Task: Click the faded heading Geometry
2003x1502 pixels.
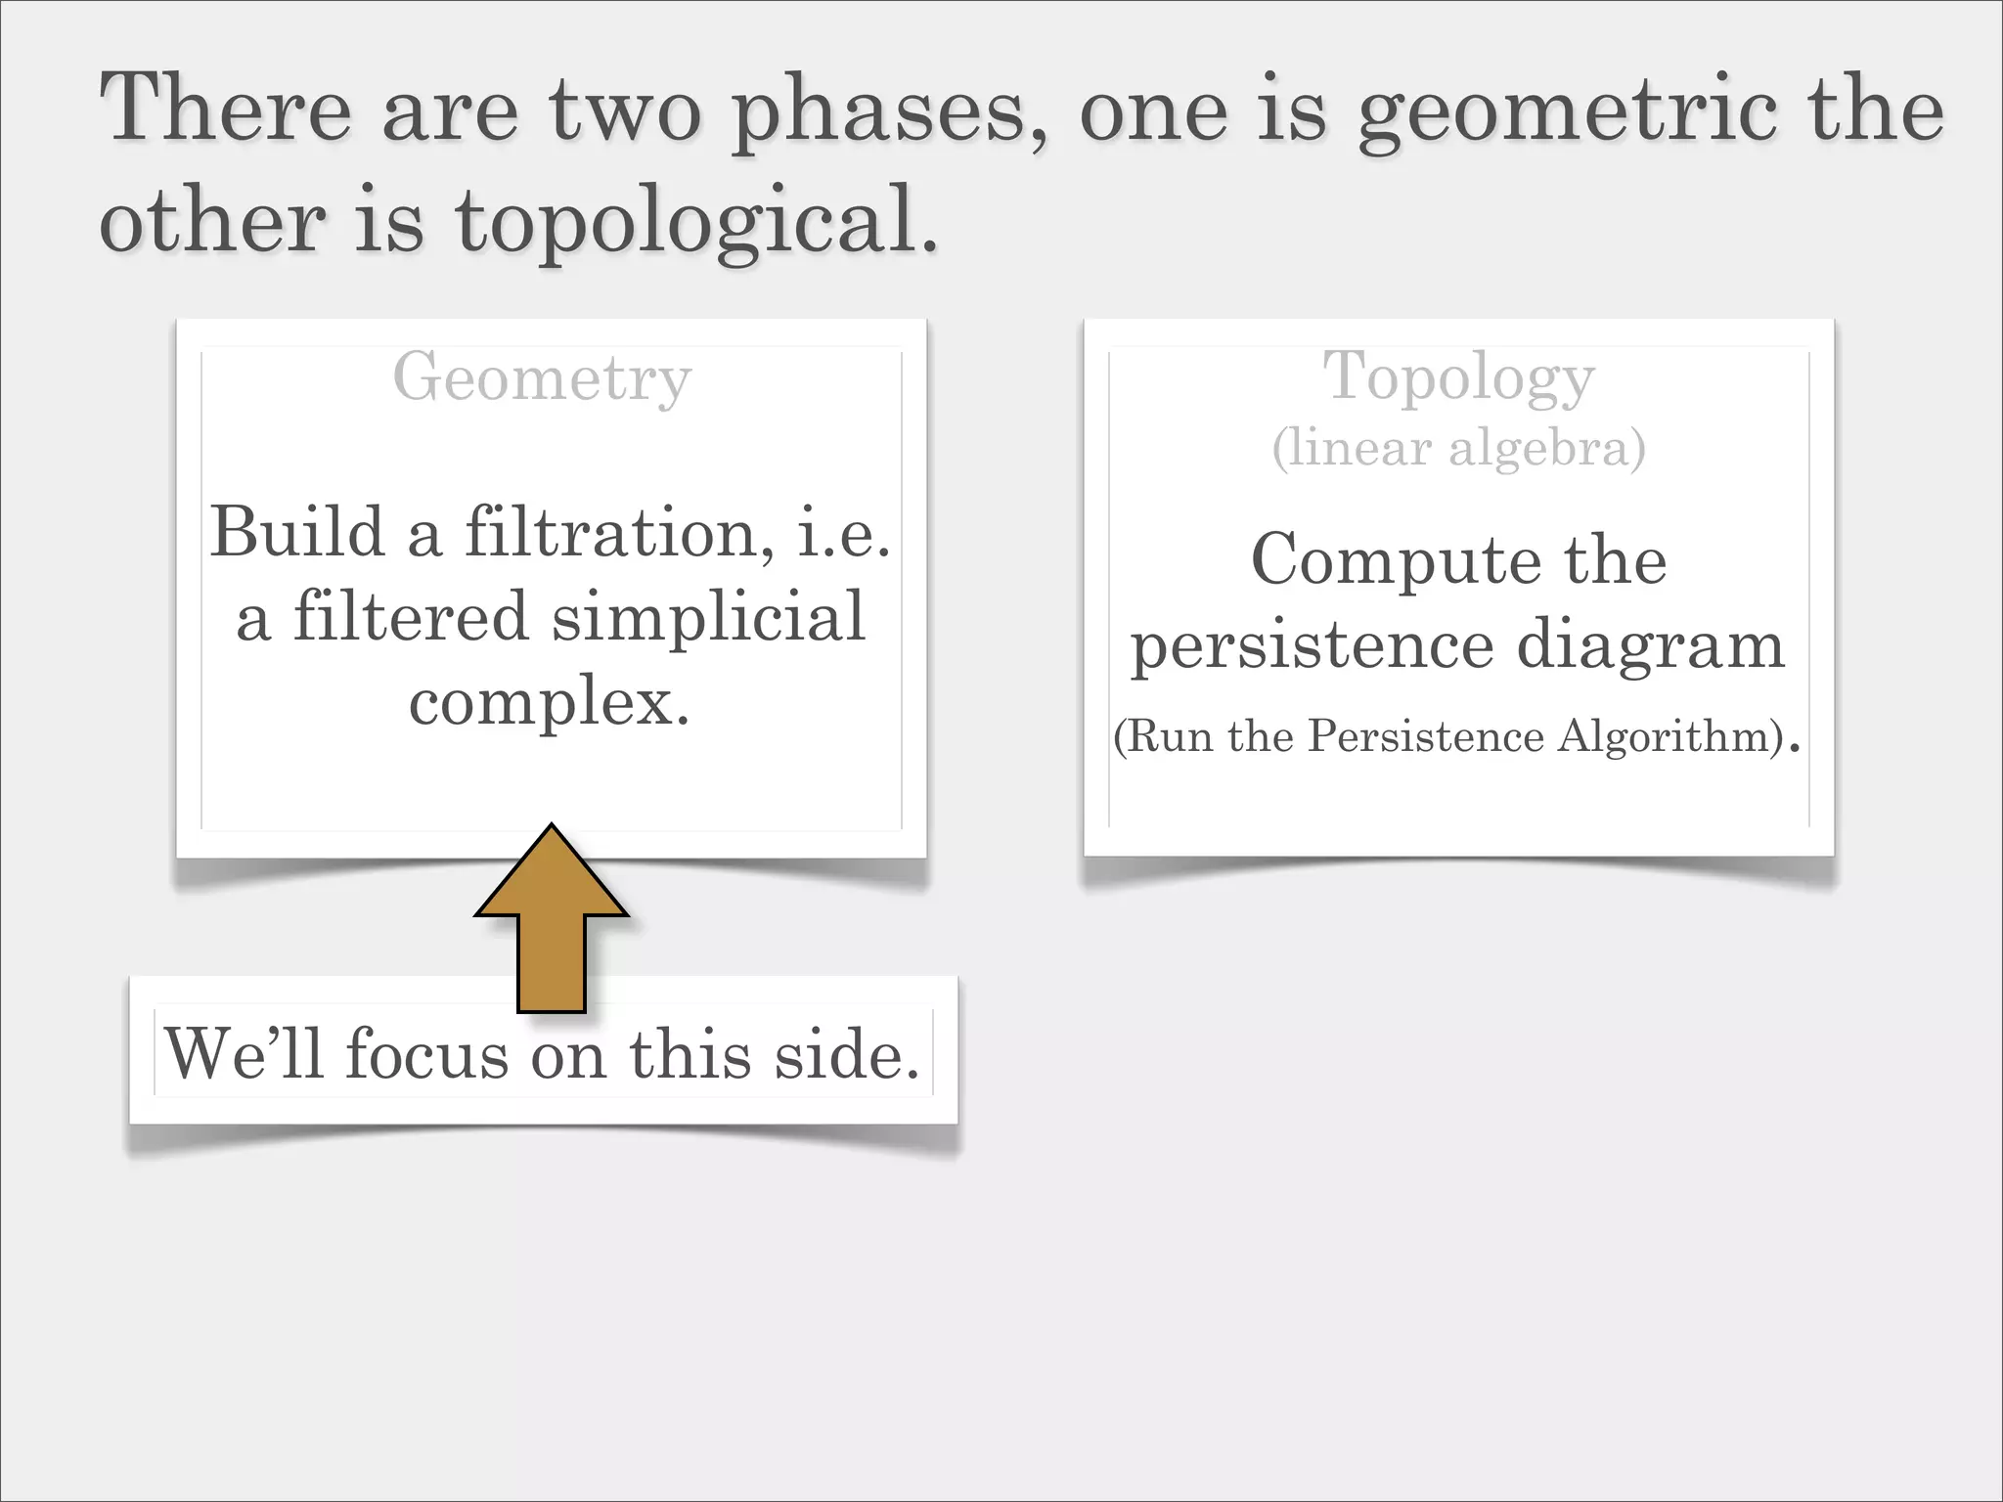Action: [x=542, y=378]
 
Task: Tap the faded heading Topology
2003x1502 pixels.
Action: [x=1458, y=378]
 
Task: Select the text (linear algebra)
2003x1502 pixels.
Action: [x=1458, y=448]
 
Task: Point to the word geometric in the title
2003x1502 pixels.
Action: [x=1566, y=112]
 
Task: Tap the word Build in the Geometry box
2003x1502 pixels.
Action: [x=297, y=533]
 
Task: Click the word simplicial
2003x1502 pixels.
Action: [x=708, y=618]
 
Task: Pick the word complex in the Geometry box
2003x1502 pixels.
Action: [x=549, y=702]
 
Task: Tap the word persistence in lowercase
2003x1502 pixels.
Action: [x=1312, y=646]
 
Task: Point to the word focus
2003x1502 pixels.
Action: [x=426, y=1054]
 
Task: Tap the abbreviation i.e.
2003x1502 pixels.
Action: [x=843, y=533]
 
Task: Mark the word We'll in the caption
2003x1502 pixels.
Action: [x=244, y=1054]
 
